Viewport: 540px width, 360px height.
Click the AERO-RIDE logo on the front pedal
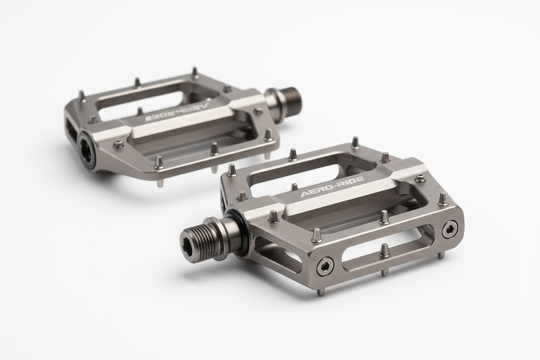(332, 187)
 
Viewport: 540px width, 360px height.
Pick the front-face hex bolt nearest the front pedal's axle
(325, 266)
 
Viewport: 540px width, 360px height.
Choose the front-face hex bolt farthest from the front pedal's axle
(450, 229)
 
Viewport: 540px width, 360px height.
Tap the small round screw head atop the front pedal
(420, 178)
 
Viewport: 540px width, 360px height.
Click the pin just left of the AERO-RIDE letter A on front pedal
(294, 187)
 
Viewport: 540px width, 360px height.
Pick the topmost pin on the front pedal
(355, 142)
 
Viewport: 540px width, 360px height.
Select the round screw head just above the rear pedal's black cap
(118, 145)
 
